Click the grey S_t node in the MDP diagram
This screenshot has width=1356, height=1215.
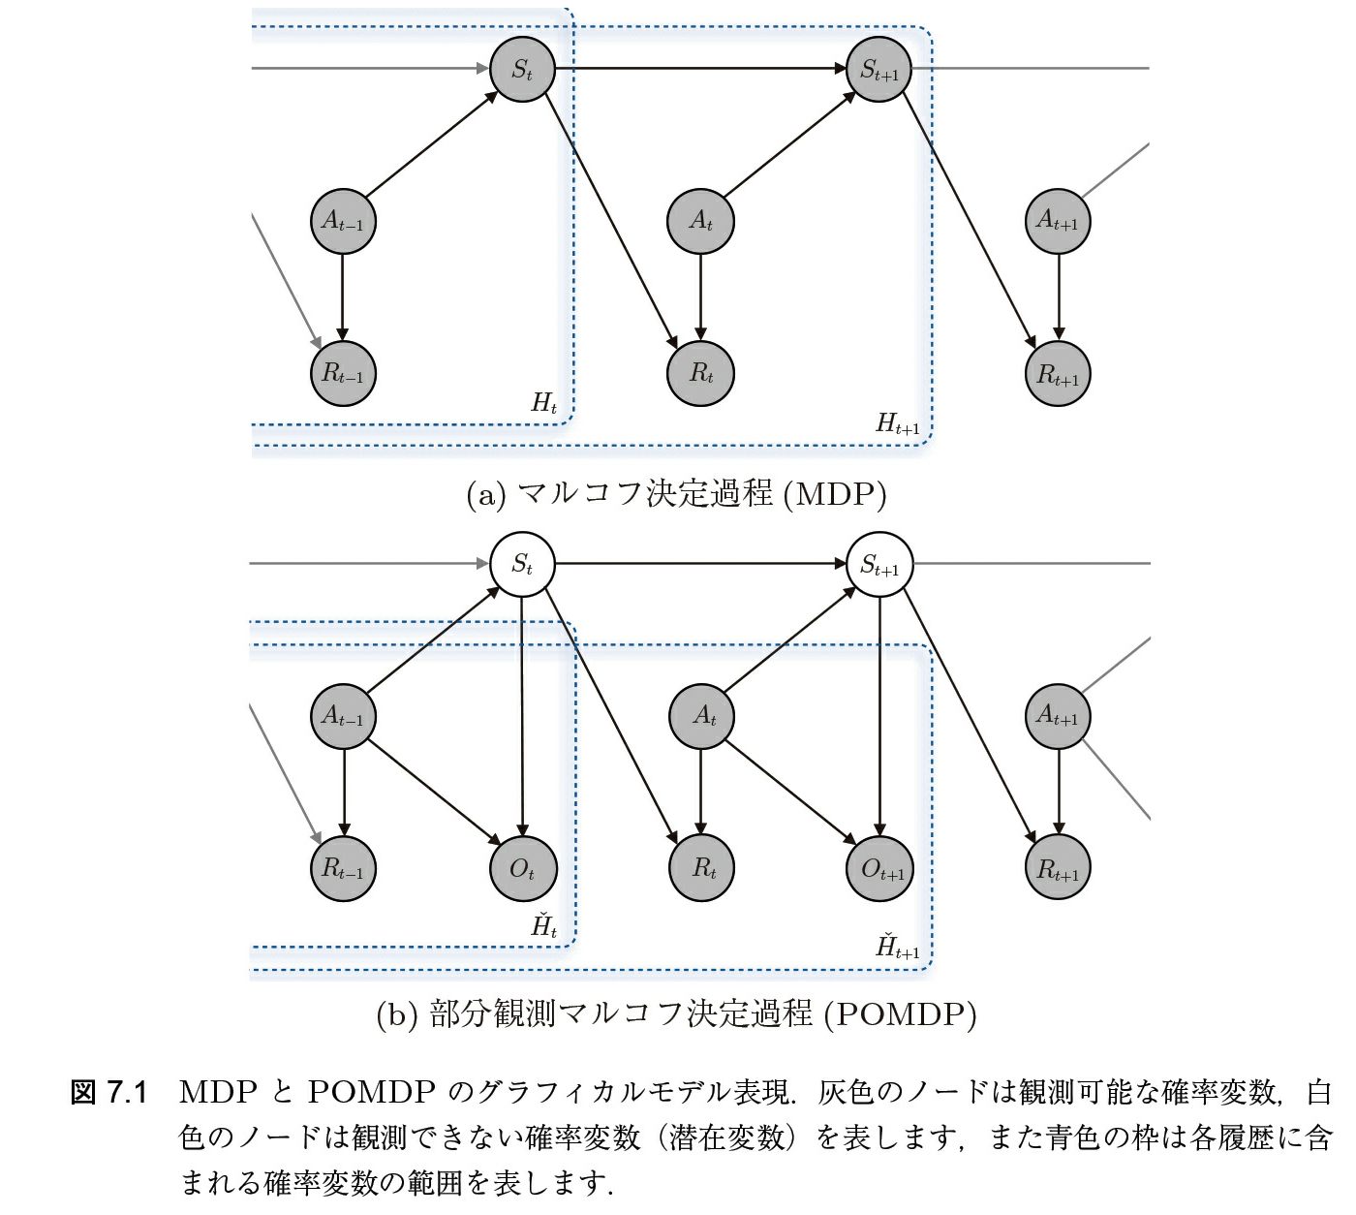(x=522, y=69)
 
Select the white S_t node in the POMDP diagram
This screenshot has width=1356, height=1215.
(x=522, y=564)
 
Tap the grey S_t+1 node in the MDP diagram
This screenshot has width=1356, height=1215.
(x=879, y=69)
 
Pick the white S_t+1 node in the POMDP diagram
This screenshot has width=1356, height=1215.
(x=879, y=564)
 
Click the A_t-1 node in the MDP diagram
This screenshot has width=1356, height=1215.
(x=343, y=221)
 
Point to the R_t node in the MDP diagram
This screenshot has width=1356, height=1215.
(x=700, y=373)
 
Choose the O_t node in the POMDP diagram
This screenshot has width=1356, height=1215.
(x=522, y=868)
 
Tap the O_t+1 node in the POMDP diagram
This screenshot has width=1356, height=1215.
(x=880, y=868)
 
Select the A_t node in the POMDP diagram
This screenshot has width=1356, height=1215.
(x=702, y=717)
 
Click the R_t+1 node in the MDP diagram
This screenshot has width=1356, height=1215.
(x=1058, y=373)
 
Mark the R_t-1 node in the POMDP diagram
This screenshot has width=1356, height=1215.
(x=343, y=868)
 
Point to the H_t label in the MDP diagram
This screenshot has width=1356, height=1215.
(x=544, y=403)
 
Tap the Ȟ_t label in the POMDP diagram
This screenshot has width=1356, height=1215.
(x=544, y=925)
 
